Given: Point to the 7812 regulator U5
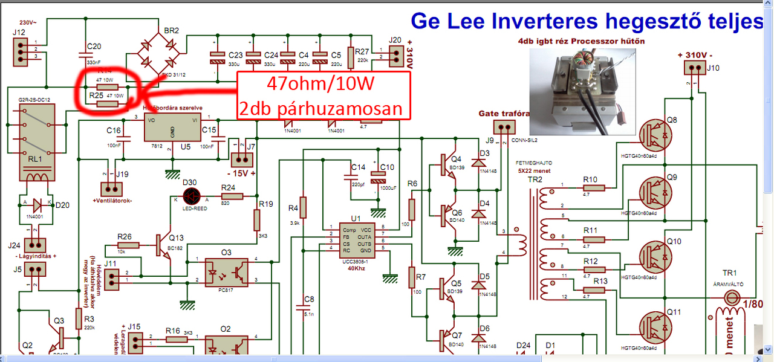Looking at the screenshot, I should coord(172,128).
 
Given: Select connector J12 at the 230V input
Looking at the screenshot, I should coord(20,52).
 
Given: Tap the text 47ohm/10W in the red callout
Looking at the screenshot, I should coord(322,83).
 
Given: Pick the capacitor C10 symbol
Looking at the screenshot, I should coord(379,179).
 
